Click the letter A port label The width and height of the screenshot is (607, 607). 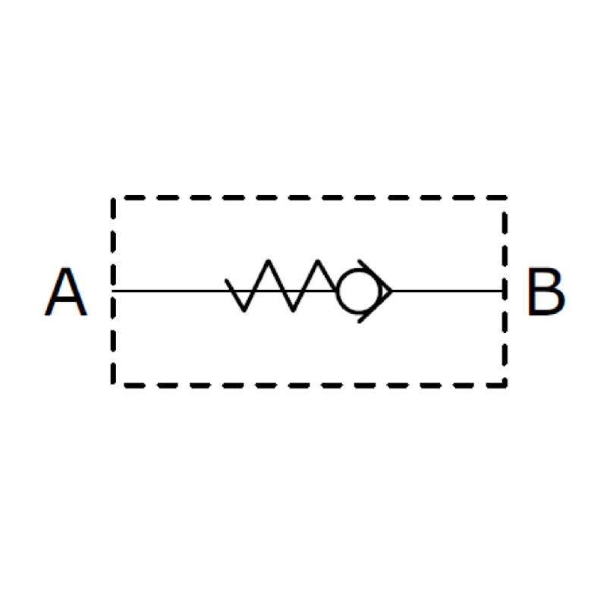(x=66, y=291)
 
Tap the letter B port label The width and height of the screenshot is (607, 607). (x=546, y=291)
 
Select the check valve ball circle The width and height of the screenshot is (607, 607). (x=359, y=291)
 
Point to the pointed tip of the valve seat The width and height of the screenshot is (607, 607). (x=392, y=291)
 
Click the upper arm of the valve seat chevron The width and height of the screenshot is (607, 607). (x=376, y=275)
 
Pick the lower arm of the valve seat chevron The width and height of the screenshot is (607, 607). (x=376, y=307)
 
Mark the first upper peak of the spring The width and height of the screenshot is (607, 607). (x=268, y=261)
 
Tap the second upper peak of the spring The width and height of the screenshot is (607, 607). (x=318, y=261)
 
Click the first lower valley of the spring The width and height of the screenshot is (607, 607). (x=244, y=310)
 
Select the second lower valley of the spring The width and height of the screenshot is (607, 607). (x=293, y=310)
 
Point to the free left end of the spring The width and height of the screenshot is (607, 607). (x=226, y=280)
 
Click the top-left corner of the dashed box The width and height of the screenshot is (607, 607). (x=113, y=198)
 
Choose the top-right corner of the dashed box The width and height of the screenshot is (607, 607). (x=505, y=198)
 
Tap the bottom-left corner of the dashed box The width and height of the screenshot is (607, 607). (x=113, y=385)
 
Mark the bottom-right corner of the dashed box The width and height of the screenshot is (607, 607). (x=505, y=385)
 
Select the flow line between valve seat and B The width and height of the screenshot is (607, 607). (x=448, y=291)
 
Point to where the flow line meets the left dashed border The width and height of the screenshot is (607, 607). (x=113, y=291)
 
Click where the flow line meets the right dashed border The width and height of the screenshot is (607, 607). (x=505, y=291)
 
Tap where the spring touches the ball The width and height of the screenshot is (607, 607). (x=336, y=290)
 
